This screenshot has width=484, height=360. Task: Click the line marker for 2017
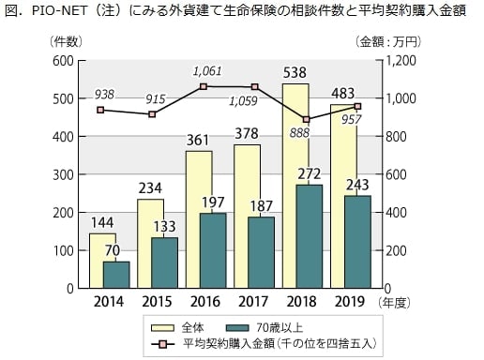click(254, 87)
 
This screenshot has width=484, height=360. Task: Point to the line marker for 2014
click(100, 110)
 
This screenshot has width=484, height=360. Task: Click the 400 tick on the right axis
click(396, 213)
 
